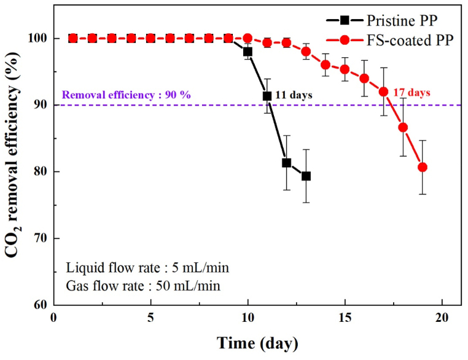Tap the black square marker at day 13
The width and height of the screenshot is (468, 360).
[x=306, y=176]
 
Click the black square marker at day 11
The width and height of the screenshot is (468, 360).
[x=267, y=96]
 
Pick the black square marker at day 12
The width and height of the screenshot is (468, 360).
[x=286, y=163]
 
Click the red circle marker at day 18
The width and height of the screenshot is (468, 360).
[x=403, y=127]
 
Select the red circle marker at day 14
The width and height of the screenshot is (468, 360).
[x=326, y=65]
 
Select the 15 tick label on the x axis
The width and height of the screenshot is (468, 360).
[x=345, y=318]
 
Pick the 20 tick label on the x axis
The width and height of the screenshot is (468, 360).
[x=442, y=318]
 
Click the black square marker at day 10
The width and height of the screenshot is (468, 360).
[x=248, y=52]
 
